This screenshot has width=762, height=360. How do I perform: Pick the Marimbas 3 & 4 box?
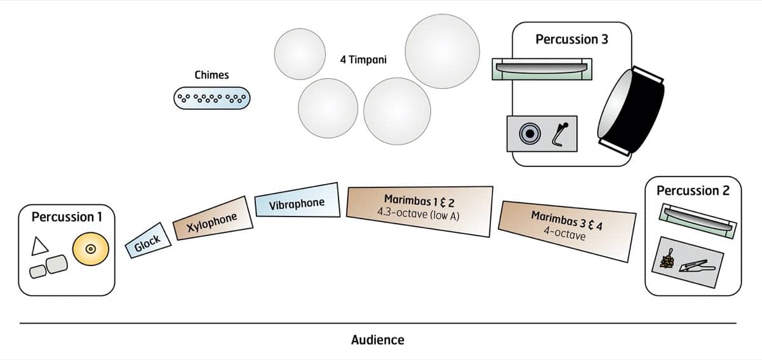(x=567, y=230)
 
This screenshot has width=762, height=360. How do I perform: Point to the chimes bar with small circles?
(x=212, y=98)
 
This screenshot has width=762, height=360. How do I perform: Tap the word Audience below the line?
(x=377, y=340)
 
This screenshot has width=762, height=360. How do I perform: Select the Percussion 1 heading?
(x=66, y=217)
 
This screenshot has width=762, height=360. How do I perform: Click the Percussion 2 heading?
(x=693, y=190)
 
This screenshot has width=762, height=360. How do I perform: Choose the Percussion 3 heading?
(x=571, y=39)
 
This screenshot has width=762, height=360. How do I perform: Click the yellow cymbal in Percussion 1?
(x=91, y=249)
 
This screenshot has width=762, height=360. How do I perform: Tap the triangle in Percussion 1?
(x=39, y=245)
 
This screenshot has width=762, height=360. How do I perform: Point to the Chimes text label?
(x=211, y=75)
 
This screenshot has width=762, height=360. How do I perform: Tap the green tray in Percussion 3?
(x=542, y=68)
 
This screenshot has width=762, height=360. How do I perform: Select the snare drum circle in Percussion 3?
(x=528, y=133)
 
